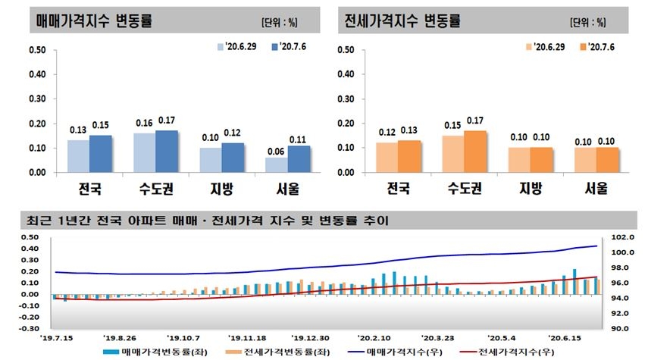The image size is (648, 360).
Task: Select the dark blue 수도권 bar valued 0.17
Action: point(167,152)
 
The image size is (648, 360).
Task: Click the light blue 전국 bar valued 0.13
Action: point(79,156)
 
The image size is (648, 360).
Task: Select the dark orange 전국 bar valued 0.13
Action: point(410,156)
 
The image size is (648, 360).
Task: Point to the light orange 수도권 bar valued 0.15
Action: point(453,154)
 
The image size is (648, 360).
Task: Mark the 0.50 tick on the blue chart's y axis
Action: point(37,51)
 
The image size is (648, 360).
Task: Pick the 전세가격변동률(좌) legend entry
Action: point(276,352)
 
